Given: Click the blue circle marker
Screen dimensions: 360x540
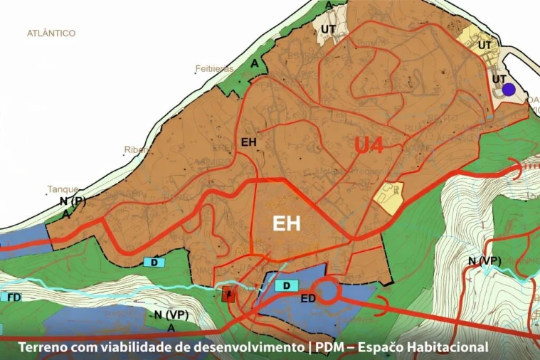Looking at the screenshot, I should point(509,90).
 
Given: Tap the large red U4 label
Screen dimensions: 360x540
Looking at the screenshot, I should point(369,146).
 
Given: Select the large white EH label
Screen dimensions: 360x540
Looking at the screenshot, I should point(287,224).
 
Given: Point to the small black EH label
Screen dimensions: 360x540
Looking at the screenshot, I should point(248,142).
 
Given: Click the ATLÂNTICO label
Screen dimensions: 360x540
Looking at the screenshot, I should point(51,33).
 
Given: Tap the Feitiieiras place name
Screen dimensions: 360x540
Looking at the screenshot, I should point(214,70).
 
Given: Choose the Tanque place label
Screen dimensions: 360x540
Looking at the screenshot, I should point(63,190).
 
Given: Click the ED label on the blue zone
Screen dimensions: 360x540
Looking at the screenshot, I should point(308,298).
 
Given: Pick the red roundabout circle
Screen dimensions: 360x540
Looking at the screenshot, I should point(329,292).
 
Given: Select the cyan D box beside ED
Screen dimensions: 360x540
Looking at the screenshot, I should point(285,285).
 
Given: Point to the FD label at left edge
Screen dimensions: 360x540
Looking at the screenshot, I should point(13,297).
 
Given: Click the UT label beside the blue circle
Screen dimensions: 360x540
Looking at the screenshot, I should point(499,78).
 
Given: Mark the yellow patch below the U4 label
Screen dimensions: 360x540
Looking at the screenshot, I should point(388,192).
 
